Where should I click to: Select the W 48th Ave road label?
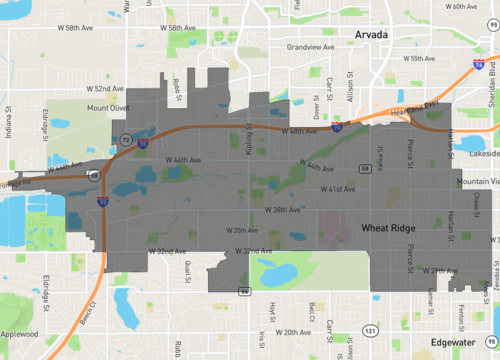pos(300,131)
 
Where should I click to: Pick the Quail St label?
pos(188,271)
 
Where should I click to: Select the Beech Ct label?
pos(90,310)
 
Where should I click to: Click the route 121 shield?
pos(371,327)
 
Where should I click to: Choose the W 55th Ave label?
pos(419,58)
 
